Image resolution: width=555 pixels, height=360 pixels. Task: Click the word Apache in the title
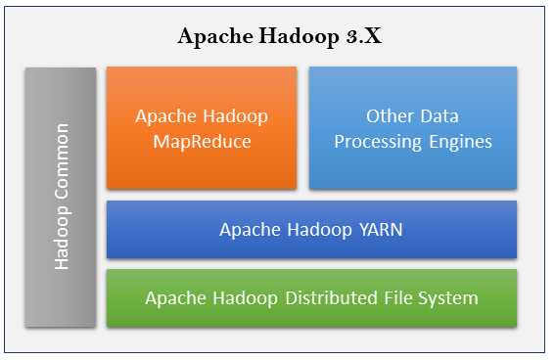point(209,37)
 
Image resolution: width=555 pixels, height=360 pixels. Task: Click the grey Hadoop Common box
point(61,196)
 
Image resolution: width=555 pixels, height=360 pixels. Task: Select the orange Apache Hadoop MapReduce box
point(202,128)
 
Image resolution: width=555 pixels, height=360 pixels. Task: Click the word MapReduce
point(202,142)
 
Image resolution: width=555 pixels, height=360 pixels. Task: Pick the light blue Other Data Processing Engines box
point(412,128)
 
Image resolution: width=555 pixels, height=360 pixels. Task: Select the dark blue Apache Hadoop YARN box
point(311,230)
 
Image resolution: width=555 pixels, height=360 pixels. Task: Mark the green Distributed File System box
point(311,297)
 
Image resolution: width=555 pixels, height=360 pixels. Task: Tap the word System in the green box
point(452,297)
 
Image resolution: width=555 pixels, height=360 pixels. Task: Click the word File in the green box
point(404,297)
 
